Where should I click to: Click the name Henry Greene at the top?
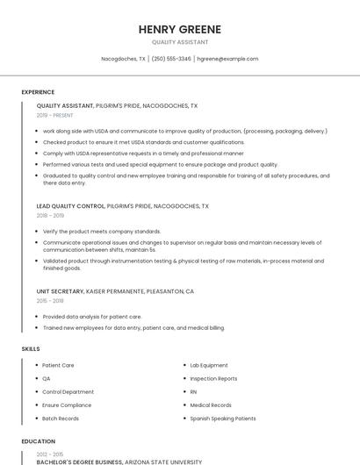click(x=180, y=29)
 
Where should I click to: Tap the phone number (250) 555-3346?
click(x=171, y=59)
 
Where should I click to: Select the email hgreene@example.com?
click(x=227, y=59)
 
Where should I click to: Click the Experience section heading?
click(x=38, y=92)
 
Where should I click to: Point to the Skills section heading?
click(x=31, y=349)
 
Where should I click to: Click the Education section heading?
click(x=38, y=441)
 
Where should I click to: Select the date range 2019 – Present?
click(x=55, y=116)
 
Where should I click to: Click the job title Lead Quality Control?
click(x=70, y=206)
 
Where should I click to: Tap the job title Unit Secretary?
click(x=60, y=291)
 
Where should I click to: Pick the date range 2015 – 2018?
click(x=50, y=301)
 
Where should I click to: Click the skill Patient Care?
click(x=58, y=365)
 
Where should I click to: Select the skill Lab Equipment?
click(x=209, y=365)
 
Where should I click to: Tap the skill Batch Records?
click(x=61, y=418)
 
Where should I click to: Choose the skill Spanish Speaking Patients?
click(x=223, y=418)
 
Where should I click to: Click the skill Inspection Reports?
click(x=213, y=378)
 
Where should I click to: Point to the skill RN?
click(x=193, y=391)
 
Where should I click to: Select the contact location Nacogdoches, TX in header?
click(x=123, y=59)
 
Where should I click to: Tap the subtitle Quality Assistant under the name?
click(x=180, y=42)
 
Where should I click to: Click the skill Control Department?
click(x=68, y=391)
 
